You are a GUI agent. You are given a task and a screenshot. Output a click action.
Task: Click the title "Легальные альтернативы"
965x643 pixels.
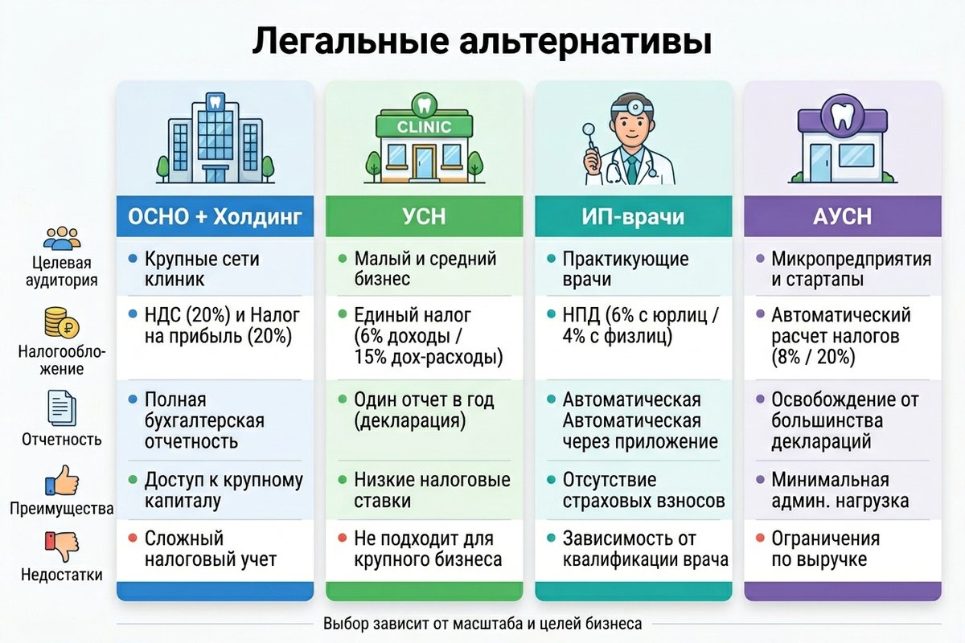click(482, 40)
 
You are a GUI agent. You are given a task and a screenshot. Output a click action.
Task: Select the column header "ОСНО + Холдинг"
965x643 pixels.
click(215, 216)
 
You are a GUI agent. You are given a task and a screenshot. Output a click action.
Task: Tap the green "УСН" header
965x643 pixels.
click(425, 216)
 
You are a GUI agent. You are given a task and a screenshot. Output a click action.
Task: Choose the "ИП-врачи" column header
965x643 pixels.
click(633, 216)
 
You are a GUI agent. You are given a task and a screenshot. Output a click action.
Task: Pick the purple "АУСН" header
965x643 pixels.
click(842, 216)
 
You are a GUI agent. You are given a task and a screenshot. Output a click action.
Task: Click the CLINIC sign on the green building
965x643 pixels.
click(424, 127)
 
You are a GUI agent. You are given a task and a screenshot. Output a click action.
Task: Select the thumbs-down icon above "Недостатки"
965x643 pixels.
click(62, 547)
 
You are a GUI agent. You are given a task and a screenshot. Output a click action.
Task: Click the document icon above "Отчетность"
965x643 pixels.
click(62, 408)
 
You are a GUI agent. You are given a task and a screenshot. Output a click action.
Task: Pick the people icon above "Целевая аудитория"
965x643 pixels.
click(62, 238)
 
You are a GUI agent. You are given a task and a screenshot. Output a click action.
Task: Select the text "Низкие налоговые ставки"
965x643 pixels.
click(432, 490)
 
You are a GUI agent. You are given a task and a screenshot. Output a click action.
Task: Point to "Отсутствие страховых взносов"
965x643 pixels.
click(643, 490)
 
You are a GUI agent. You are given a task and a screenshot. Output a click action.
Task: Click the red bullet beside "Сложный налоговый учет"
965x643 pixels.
click(132, 537)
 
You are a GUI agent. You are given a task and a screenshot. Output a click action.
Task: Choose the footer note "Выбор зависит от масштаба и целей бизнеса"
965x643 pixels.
click(482, 624)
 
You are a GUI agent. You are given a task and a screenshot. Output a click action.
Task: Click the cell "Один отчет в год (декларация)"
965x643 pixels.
click(434, 410)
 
